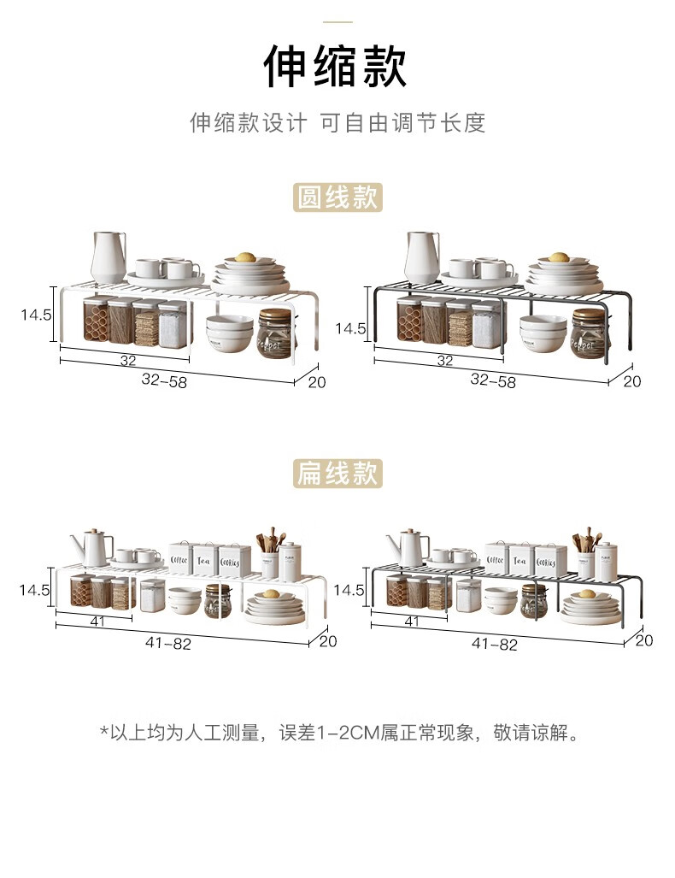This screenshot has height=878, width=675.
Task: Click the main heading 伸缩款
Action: tap(336, 68)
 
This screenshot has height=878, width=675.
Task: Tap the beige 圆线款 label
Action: tap(337, 197)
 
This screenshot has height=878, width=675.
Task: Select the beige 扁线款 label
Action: tap(337, 473)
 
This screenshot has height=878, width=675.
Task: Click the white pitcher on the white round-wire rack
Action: tap(108, 256)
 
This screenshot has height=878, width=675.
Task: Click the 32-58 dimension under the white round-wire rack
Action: tap(164, 381)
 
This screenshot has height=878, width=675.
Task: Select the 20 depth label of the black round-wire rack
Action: tap(631, 381)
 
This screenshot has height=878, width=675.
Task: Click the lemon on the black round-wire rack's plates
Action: tap(558, 256)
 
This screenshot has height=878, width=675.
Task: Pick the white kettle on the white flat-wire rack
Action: tap(91, 546)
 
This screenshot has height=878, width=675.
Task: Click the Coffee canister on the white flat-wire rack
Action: tap(179, 558)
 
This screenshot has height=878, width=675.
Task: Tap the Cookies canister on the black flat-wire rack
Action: tap(547, 560)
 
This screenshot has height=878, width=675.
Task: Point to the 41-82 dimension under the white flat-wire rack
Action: tap(169, 645)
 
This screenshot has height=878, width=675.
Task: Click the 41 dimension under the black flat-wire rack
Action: tap(412, 622)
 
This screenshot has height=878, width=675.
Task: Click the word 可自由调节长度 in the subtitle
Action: tap(402, 122)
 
